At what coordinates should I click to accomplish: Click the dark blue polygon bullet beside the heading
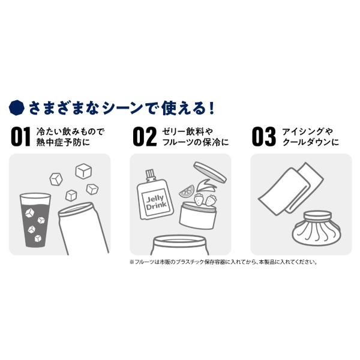coord(17,107)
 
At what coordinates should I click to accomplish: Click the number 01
coord(20,137)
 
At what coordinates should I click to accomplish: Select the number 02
coord(145,137)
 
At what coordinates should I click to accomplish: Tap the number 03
coord(264,137)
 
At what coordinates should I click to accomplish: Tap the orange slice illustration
coord(187,191)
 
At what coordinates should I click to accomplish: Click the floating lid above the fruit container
coord(210,172)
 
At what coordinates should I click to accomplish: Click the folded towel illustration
coord(291,188)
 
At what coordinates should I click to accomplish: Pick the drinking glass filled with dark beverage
coord(35,220)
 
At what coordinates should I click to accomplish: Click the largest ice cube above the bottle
coord(83,171)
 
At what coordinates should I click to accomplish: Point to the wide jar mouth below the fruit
coord(179,241)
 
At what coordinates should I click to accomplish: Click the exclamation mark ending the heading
coord(212,108)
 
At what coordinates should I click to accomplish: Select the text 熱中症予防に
coord(63,143)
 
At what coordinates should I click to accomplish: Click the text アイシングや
coord(308,131)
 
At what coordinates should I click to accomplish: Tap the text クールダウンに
coord(311,142)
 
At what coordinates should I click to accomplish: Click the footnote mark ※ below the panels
coord(132,262)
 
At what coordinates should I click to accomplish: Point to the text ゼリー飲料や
coord(188,131)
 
